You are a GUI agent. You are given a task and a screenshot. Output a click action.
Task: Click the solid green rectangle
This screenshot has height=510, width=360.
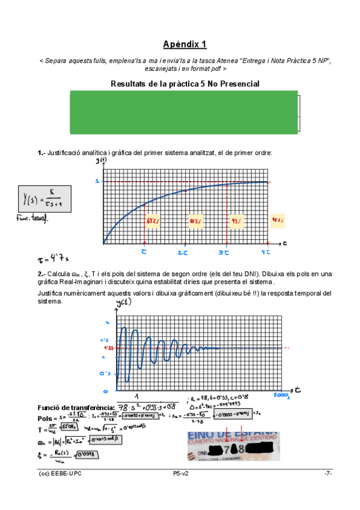(185, 112)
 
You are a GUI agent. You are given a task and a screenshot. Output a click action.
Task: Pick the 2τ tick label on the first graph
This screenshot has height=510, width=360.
(185, 253)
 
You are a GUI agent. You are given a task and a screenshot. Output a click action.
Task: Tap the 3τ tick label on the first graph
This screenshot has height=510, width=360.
(225, 253)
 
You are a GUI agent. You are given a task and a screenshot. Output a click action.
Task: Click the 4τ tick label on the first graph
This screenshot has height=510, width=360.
(265, 253)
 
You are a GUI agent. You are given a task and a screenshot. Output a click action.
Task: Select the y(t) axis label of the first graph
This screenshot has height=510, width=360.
(101, 161)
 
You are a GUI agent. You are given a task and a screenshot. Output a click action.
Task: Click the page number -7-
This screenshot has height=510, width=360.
(328, 474)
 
